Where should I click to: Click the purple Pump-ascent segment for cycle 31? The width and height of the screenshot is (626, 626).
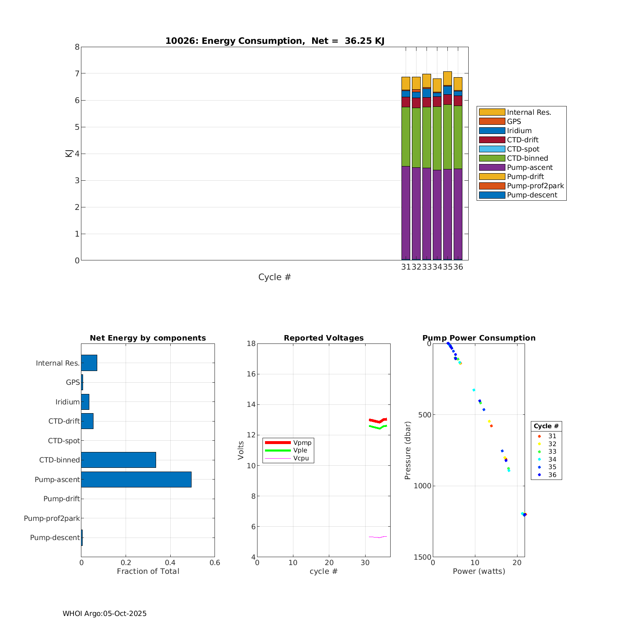(406, 213)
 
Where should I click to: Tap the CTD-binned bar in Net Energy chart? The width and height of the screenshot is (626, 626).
(119, 459)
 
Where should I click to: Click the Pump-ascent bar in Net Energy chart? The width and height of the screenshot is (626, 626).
(136, 479)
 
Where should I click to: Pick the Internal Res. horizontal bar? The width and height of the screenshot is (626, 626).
(89, 363)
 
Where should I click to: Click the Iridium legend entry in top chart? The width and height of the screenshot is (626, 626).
(519, 131)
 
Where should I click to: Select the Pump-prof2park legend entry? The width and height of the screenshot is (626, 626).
(535, 186)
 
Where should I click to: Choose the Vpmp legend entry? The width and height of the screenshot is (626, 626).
(302, 442)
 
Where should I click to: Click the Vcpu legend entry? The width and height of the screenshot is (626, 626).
(301, 458)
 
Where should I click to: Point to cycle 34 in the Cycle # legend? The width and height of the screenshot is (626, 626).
(552, 459)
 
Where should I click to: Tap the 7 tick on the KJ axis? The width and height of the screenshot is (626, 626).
(77, 73)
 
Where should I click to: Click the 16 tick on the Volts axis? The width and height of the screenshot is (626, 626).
(251, 374)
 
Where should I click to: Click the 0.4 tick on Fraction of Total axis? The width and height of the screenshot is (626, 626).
(170, 563)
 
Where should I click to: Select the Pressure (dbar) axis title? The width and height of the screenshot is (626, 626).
(408, 450)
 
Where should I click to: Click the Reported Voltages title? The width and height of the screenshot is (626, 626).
(323, 338)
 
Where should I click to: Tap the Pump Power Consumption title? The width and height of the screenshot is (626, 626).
(479, 338)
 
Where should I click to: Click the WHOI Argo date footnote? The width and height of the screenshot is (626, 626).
(104, 613)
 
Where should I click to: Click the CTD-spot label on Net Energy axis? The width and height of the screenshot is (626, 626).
(63, 441)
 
